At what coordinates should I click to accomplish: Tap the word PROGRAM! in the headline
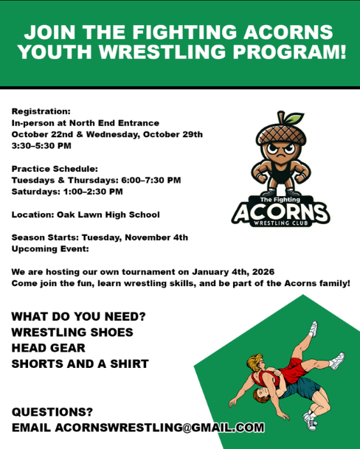pos(289,52)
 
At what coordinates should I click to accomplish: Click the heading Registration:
pos(41,111)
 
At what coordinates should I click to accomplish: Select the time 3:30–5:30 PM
pos(41,146)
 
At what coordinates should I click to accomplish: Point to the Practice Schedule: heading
pos(55,169)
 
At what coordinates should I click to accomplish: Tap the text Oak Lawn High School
pos(108,215)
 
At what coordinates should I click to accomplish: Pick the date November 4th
pos(156,237)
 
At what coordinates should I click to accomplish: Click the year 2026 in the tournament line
pos(263,272)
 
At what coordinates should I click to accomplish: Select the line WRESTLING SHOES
pos(72,333)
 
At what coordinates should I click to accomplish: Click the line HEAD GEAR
pos(48,348)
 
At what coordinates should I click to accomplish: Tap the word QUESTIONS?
pos(52,412)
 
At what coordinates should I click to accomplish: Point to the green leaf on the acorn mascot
pos(294,118)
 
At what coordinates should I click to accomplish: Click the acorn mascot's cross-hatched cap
pos(281,133)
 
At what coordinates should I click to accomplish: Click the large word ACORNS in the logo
pos(281,212)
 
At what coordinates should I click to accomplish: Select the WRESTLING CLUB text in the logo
pos(281,223)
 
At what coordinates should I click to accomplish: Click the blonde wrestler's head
pos(255,363)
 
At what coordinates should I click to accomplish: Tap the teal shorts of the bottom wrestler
pos(301,387)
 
